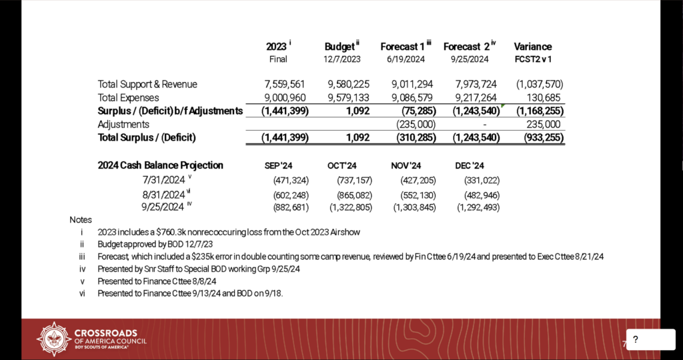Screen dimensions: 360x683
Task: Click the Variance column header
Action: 532,47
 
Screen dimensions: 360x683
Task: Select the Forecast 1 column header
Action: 403,47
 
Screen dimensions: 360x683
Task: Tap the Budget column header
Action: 339,47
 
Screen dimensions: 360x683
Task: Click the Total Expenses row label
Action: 128,97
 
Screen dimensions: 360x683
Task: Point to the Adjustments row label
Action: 123,124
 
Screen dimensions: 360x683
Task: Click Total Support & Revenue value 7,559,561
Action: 285,84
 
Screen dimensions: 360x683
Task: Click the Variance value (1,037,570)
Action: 539,84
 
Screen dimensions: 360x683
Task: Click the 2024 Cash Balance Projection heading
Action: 160,165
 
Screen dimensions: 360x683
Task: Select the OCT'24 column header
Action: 343,165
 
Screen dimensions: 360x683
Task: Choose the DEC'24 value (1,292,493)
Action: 478,208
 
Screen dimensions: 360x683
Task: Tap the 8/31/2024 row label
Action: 163,195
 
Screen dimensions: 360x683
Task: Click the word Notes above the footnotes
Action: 81,219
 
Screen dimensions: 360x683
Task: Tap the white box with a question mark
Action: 650,340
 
